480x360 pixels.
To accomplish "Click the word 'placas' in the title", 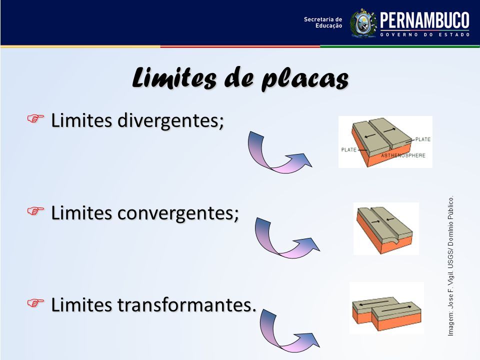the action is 305,78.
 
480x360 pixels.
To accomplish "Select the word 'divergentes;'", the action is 171,120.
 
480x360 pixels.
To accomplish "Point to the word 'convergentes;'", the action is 178,213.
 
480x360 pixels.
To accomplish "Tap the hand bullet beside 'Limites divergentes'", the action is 35,118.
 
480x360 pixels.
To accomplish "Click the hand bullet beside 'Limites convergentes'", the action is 35,211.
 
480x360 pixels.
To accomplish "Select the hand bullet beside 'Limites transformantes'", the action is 35,303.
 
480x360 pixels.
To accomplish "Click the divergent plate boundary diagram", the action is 385,141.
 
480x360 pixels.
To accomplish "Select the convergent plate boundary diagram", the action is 386,228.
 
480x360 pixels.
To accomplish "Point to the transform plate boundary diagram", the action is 386,307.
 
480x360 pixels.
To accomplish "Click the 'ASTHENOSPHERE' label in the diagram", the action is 403,155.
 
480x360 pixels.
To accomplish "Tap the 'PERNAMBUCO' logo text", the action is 424,20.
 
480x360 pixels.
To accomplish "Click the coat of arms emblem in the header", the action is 363,23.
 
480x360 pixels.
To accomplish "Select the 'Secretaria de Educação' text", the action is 323,22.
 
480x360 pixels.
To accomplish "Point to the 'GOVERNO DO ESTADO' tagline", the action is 425,34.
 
